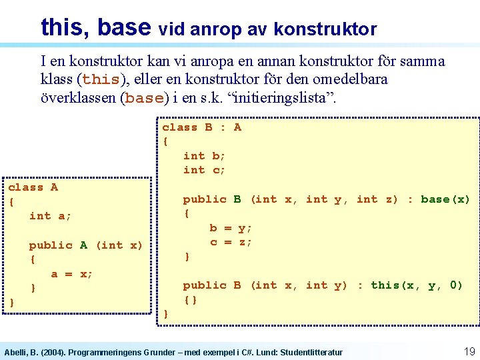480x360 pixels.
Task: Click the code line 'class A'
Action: coord(33,187)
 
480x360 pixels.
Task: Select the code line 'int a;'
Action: coord(51,216)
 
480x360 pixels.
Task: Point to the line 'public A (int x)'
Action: coord(85,245)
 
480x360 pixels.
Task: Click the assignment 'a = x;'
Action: coord(72,273)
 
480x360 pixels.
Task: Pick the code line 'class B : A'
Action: coord(202,127)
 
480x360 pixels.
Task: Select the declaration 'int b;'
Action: coord(205,156)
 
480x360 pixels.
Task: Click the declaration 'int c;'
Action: coord(205,170)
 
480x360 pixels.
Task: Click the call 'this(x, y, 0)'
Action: coord(417,285)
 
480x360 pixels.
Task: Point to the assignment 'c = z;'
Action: coord(231,242)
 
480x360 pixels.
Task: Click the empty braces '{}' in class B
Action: coord(191,299)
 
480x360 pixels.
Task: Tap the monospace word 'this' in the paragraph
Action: coord(101,79)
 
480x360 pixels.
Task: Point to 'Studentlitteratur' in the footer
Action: coord(312,352)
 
